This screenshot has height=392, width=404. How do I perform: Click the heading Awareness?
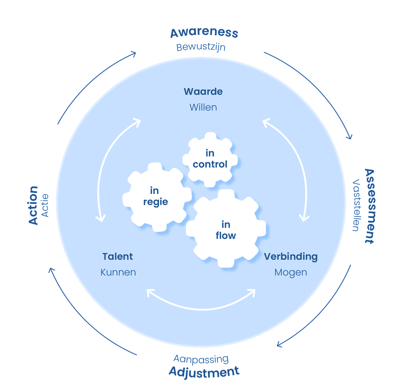pyautogui.click(x=204, y=33)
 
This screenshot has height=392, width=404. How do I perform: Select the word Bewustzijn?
pyautogui.click(x=201, y=48)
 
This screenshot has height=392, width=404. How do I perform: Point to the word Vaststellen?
pyautogui.click(x=355, y=205)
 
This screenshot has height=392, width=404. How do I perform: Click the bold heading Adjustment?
pyautogui.click(x=204, y=372)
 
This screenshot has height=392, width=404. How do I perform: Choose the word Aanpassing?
pyautogui.click(x=201, y=359)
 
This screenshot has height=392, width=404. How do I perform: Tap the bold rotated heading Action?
pyautogui.click(x=33, y=205)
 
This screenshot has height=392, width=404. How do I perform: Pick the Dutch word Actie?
pyautogui.click(x=45, y=205)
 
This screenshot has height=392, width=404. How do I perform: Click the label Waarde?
pyautogui.click(x=203, y=92)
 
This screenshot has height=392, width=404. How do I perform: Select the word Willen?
pyautogui.click(x=203, y=107)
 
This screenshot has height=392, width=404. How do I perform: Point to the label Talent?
pyautogui.click(x=118, y=256)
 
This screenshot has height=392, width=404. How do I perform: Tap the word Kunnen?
pyautogui.click(x=118, y=272)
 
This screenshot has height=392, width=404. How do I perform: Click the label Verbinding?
pyautogui.click(x=291, y=256)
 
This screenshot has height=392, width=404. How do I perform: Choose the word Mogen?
pyautogui.click(x=291, y=272)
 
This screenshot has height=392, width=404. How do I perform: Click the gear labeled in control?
pyautogui.click(x=210, y=159)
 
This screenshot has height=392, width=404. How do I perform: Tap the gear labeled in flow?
pyautogui.click(x=226, y=229)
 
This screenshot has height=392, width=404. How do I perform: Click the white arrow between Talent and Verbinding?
pyautogui.click(x=201, y=307)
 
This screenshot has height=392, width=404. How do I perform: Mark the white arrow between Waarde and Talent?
pyautogui.click(x=103, y=170)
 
